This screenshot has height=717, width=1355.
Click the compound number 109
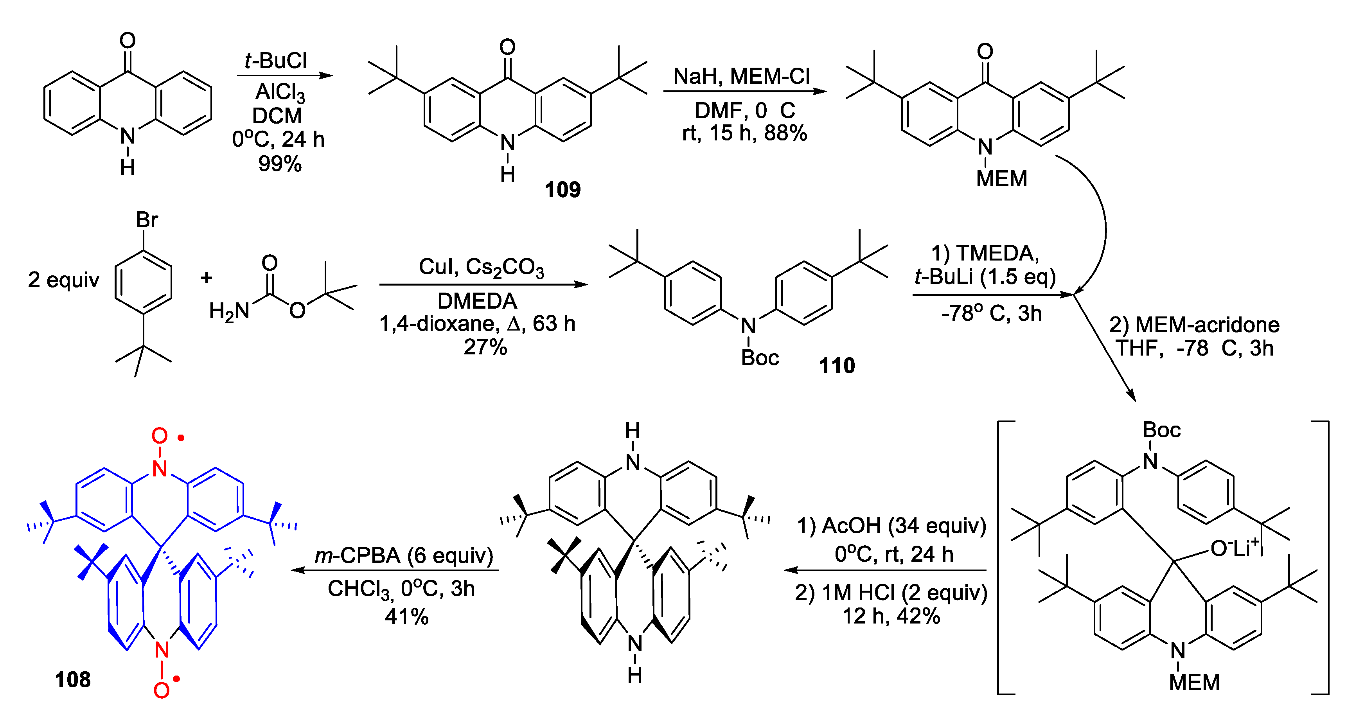coord(562,189)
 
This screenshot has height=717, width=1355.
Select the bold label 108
coord(73,680)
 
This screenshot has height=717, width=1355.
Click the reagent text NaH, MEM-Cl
coord(741,76)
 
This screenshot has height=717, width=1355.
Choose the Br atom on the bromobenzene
coord(147,219)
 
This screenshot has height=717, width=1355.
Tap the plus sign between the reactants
coord(206,277)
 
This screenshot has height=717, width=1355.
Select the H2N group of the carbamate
coord(229,311)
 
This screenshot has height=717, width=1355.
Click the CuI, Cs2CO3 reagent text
coord(481,267)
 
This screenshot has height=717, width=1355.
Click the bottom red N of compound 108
coord(162,650)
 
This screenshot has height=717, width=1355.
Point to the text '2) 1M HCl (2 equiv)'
coord(891,592)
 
